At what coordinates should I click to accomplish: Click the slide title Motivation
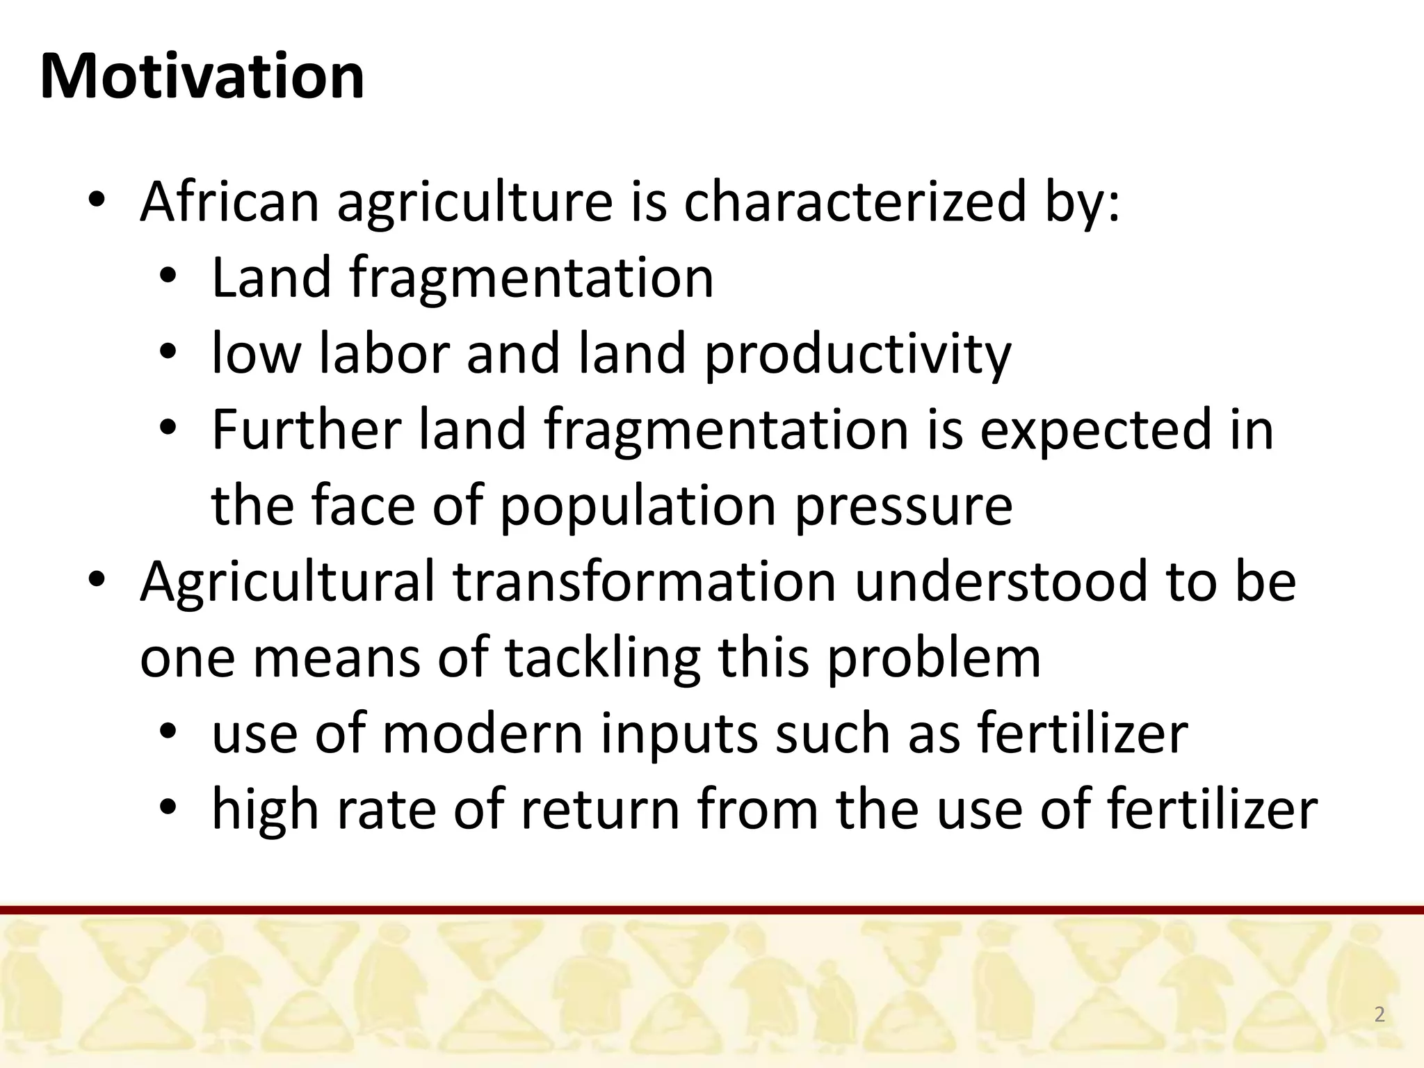(202, 76)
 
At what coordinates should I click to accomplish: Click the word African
(229, 202)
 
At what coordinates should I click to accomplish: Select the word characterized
(855, 202)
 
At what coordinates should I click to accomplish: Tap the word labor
(384, 353)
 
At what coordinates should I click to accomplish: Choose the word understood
(1001, 581)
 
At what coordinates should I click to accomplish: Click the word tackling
(602, 658)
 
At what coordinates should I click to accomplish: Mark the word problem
(933, 658)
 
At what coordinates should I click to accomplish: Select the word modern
(483, 734)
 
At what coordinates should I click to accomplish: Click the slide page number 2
(1379, 1014)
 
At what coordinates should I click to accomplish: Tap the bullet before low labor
(168, 353)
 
